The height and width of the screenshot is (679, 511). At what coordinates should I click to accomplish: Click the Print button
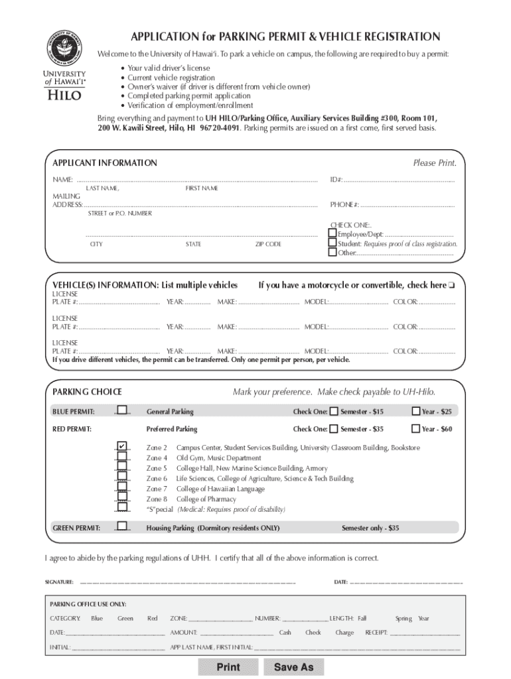click(228, 666)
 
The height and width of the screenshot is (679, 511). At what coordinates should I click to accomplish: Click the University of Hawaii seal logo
click(64, 48)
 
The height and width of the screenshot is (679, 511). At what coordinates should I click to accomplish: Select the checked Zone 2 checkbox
click(122, 446)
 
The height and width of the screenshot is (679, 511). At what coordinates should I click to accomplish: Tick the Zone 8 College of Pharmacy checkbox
click(122, 498)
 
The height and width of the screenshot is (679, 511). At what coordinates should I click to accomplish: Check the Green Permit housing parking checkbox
click(122, 528)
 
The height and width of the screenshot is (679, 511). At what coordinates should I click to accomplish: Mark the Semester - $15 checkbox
click(334, 412)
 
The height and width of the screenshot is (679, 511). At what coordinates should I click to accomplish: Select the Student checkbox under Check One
click(332, 243)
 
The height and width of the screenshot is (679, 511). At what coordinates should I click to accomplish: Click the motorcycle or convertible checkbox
click(451, 286)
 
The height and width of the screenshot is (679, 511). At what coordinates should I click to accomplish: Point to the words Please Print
click(434, 163)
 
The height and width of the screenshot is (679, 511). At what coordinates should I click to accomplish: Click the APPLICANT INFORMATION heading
click(105, 163)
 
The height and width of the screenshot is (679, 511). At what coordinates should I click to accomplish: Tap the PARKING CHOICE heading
click(87, 392)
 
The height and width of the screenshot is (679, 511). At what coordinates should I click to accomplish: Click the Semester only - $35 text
click(370, 528)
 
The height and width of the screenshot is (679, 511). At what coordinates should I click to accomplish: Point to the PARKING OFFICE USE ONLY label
click(88, 604)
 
